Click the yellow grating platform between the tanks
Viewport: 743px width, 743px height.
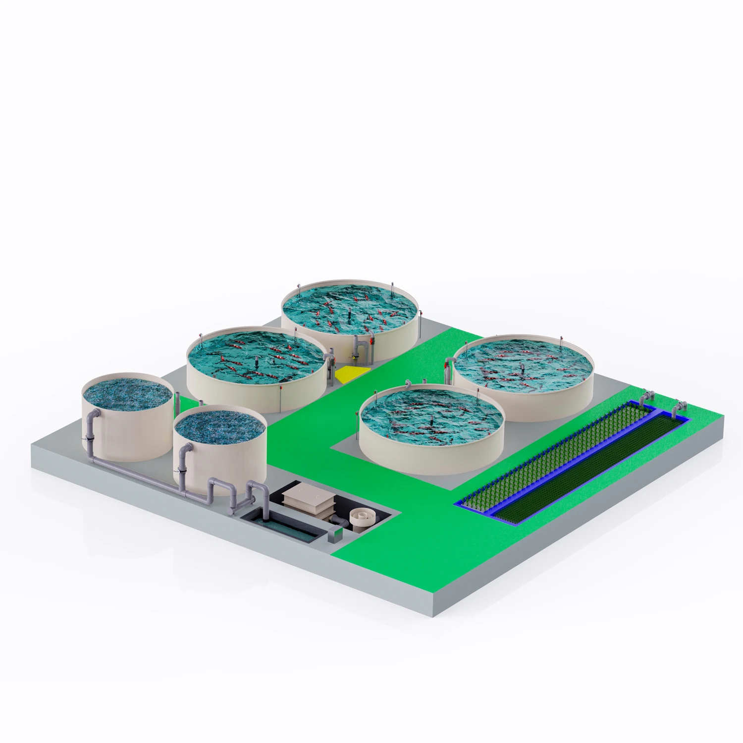click(x=352, y=374)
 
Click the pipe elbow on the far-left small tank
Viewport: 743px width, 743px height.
click(x=93, y=415)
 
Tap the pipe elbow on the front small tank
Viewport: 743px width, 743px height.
click(x=186, y=449)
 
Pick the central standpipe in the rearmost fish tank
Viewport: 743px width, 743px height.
click(x=350, y=313)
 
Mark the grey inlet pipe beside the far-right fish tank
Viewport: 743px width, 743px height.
click(x=448, y=364)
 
